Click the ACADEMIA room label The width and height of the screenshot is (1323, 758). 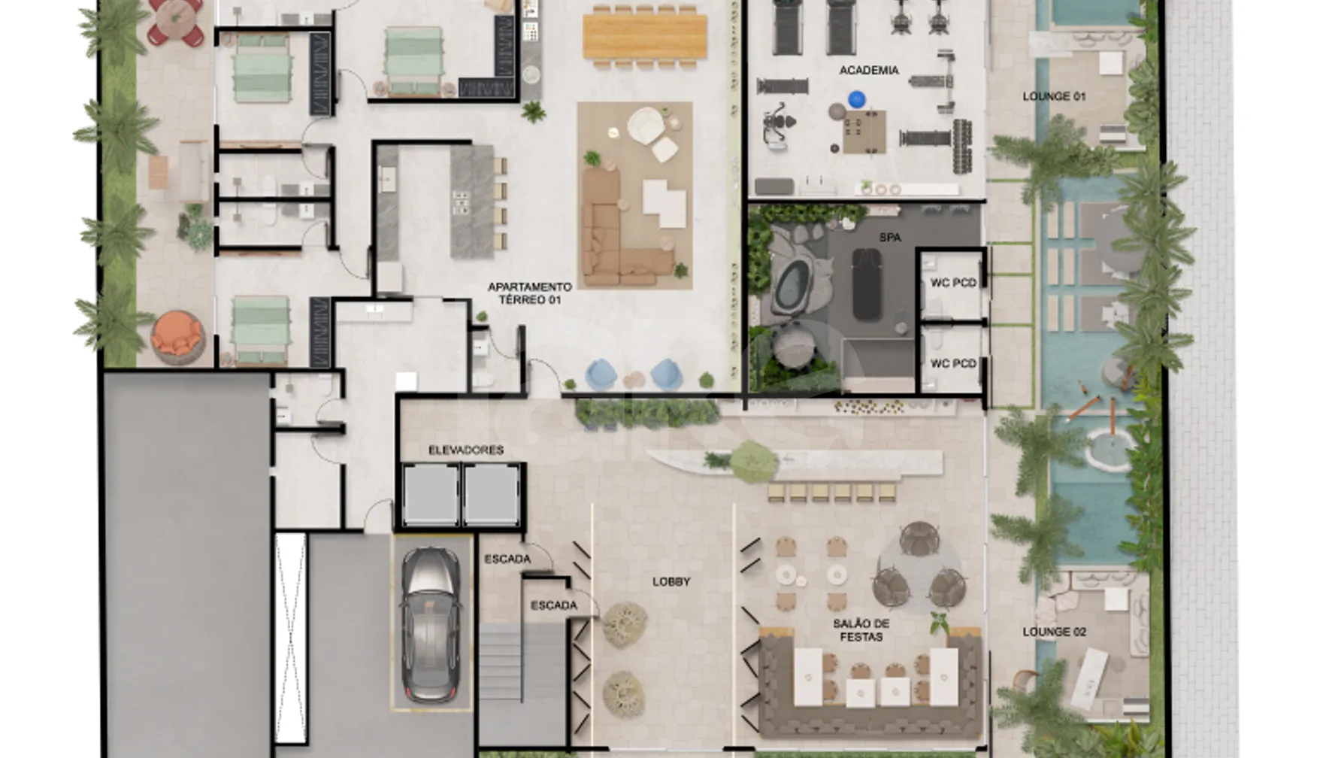(x=869, y=70)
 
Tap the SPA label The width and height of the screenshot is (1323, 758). (x=890, y=237)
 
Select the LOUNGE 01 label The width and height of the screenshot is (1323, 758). (x=1054, y=96)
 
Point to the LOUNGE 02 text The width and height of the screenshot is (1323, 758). (x=1054, y=632)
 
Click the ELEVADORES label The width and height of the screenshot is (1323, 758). (x=466, y=450)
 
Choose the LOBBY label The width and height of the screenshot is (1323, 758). (x=671, y=581)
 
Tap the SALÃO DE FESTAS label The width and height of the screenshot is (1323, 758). (x=861, y=630)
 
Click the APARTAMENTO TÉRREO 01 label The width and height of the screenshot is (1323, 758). (x=530, y=293)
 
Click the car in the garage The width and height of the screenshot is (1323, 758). (x=431, y=625)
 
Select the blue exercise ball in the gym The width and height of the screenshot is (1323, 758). (x=856, y=99)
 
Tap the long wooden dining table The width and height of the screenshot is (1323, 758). (x=645, y=36)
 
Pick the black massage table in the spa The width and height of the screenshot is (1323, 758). (x=867, y=284)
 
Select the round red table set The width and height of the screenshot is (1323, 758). (x=176, y=20)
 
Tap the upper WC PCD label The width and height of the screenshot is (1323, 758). (x=953, y=283)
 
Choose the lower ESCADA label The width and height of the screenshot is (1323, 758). (x=554, y=605)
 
